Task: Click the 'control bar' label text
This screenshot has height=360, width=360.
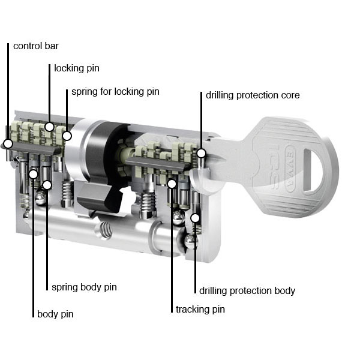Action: point(35,46)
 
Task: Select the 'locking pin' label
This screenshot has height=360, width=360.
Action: point(76,68)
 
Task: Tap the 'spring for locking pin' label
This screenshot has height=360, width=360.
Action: point(115,92)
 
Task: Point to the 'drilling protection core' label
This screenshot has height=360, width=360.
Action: point(252,95)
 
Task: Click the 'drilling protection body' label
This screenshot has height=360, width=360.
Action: point(247,290)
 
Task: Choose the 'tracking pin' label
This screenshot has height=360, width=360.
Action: point(200,310)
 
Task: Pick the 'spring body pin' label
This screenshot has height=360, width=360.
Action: point(84,287)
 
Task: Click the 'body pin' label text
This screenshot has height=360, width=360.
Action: point(55,314)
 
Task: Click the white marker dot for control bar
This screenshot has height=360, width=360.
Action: point(8,144)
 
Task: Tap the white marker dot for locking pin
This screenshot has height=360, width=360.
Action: point(50,127)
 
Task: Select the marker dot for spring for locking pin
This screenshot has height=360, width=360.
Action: point(67,136)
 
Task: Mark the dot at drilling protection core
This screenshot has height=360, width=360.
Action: point(202,153)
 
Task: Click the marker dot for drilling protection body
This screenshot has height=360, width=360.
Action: point(195,218)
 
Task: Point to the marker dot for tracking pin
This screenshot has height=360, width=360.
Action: point(172,183)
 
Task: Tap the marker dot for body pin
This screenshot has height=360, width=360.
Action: point(34,175)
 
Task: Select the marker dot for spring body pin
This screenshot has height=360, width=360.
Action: point(47,185)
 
